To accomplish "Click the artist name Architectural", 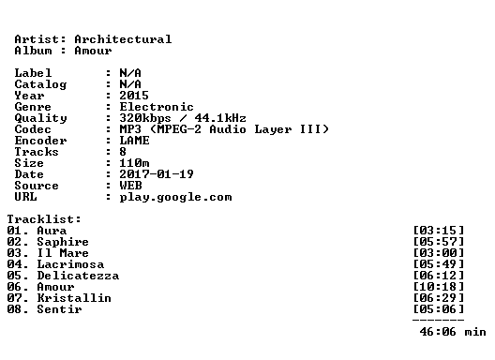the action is (123, 39).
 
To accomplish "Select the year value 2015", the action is (134, 96).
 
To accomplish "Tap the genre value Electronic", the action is (157, 107).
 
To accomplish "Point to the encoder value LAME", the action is (134, 141).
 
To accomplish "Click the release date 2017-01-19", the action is (157, 174).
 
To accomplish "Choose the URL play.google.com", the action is (175, 197).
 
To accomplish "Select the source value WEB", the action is (130, 186).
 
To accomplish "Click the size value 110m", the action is (134, 163).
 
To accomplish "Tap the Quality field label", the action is (40, 118).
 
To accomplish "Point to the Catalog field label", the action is (40, 84).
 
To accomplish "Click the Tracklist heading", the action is (44, 219).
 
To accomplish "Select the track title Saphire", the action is (63, 242).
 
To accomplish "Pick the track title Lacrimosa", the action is (70, 264).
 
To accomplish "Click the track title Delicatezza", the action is (78, 276).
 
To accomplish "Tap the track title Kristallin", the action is (74, 298).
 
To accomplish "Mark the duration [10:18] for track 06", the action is (439, 287).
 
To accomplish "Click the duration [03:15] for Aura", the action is (439, 231).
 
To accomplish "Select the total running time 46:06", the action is (438, 332).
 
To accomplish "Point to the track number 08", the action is (14, 309).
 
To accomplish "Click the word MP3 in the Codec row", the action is (130, 129).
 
